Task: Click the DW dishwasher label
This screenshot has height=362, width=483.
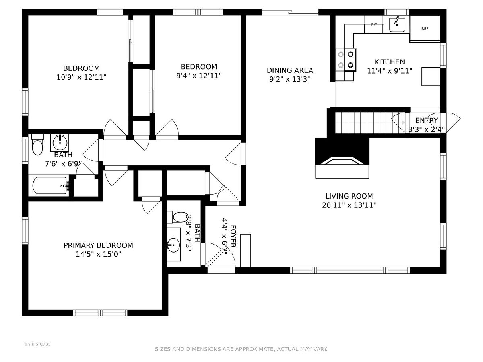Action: click(374, 24)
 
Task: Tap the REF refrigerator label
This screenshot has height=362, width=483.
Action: click(425, 29)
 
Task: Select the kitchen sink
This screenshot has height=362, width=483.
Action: click(397, 25)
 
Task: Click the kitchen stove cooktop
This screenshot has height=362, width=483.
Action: click(346, 60)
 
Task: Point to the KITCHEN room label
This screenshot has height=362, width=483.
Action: click(390, 62)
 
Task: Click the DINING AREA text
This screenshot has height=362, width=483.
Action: click(290, 70)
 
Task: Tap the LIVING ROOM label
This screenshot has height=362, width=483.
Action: click(349, 196)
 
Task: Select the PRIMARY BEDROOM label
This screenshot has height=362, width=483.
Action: click(98, 245)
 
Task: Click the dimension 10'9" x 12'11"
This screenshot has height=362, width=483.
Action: click(82, 77)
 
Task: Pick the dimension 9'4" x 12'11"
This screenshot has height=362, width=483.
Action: click(199, 76)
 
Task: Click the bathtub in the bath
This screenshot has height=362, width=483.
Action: click(50, 186)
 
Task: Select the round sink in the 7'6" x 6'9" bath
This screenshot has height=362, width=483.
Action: click(60, 143)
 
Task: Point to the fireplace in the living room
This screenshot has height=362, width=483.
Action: click(342, 158)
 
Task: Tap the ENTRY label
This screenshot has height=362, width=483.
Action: click(426, 120)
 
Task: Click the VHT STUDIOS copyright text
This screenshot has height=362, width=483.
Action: click(37, 344)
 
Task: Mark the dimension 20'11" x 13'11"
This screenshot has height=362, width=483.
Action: click(349, 205)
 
